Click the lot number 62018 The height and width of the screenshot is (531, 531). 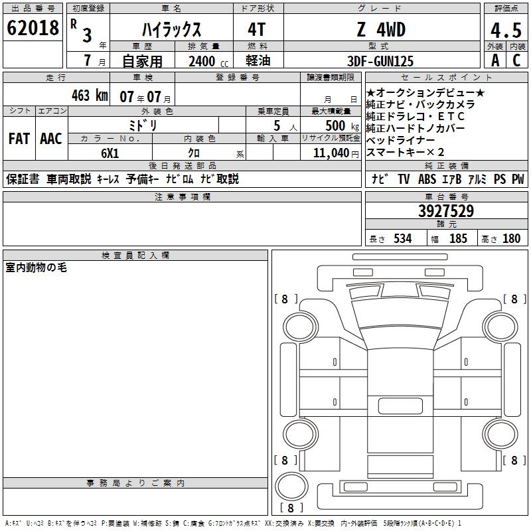point(33,28)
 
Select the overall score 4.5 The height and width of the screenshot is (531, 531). point(506,31)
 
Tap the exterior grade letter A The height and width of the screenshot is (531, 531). point(495,60)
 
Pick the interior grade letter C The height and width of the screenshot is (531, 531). point(516,60)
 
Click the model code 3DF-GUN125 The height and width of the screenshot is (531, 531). point(380,61)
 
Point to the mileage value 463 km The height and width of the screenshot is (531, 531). point(90,96)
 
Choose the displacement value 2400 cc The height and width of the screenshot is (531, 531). point(208,62)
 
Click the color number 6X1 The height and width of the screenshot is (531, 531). point(110,153)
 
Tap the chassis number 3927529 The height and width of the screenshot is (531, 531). point(446,211)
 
